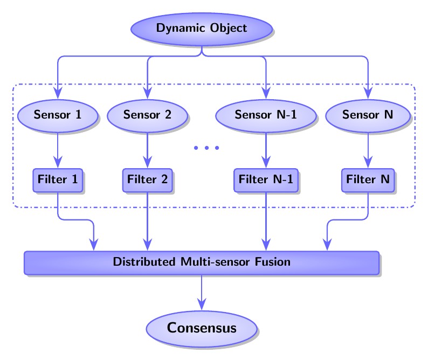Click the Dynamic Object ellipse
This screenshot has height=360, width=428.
[x=202, y=28]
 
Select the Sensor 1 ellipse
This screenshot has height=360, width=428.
[x=58, y=114]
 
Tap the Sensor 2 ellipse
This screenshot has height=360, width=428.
[x=147, y=114]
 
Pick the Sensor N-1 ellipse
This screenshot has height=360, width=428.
[x=266, y=114]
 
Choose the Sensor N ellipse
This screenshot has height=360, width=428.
[x=368, y=114]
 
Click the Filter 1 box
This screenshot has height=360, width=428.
[x=58, y=179]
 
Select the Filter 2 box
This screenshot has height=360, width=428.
[x=147, y=179]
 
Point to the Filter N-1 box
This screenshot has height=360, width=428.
[x=266, y=179]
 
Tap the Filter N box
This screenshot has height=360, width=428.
[x=368, y=179]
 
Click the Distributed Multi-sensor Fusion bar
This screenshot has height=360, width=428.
[x=202, y=262]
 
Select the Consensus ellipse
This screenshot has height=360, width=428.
[x=202, y=328]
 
